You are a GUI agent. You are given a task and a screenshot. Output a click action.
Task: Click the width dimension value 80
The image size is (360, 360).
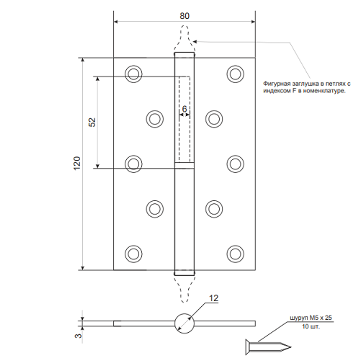pos(184,16)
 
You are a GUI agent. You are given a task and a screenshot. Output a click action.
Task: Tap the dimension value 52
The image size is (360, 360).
pos(92,122)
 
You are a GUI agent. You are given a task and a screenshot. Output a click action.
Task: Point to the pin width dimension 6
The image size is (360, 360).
pos(184,108)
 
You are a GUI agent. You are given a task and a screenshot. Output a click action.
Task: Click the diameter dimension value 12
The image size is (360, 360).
pos(214,298)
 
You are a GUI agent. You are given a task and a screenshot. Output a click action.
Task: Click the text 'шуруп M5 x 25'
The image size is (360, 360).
pos(310,318)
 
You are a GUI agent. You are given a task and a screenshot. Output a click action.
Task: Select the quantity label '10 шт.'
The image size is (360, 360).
pos(310,327)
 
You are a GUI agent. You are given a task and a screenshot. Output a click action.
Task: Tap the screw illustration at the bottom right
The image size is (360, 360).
pos(268,346)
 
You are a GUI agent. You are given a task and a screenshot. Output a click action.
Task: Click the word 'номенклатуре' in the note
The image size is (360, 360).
pos(325,91)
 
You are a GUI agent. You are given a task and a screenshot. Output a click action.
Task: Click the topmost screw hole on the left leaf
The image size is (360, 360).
pos(133,73)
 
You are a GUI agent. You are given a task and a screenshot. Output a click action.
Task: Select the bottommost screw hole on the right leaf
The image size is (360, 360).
pos(235,253)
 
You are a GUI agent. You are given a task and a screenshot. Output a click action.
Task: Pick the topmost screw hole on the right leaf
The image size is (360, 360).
pos(235,73)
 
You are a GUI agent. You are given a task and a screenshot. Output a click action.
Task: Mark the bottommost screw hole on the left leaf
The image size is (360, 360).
pos(133,253)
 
